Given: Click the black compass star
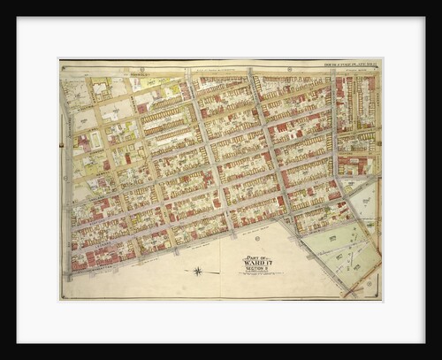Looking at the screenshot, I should coord(198,271).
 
